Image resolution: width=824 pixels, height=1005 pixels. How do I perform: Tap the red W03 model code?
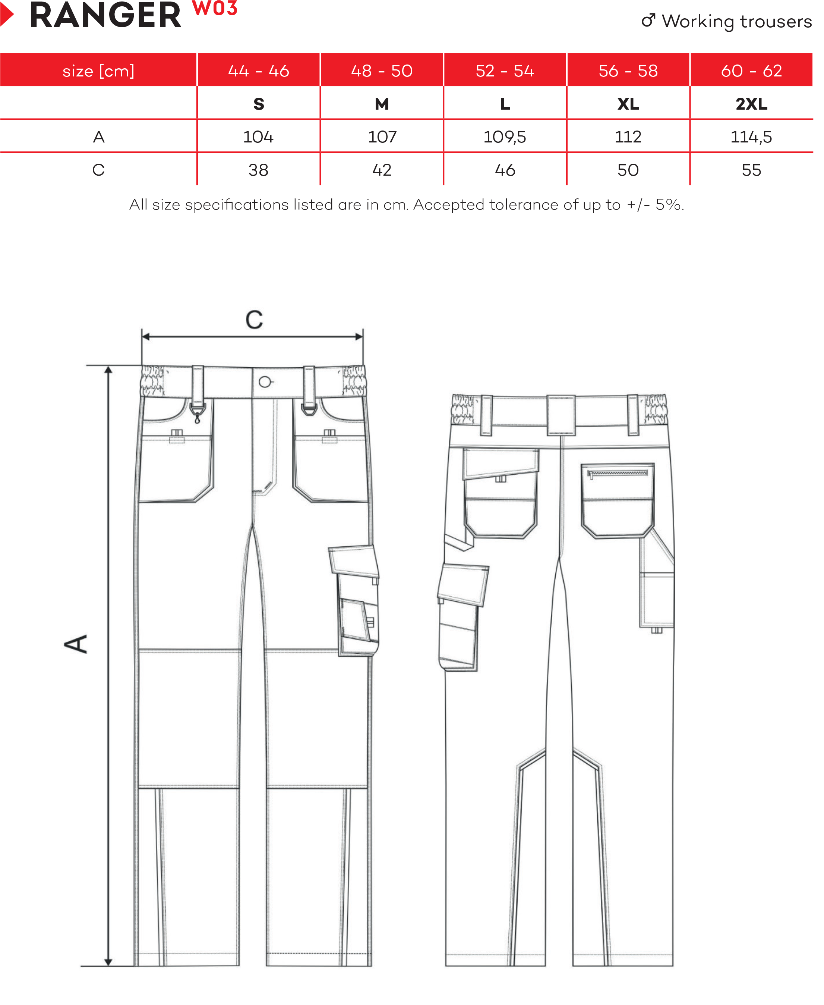click(x=215, y=9)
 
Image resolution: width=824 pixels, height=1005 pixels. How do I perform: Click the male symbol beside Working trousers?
click(x=648, y=21)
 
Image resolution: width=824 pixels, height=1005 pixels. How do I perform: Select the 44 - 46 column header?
click(x=259, y=71)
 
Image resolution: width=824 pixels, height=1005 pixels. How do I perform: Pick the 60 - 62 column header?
click(x=751, y=71)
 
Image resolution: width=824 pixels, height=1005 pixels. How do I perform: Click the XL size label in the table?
click(x=628, y=104)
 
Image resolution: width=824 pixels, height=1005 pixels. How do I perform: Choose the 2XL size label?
click(x=751, y=104)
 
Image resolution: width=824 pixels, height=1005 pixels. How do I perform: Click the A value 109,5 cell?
click(x=505, y=137)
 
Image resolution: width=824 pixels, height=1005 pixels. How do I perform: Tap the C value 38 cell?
click(x=258, y=170)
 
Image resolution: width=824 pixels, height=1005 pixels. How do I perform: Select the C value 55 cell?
click(x=751, y=170)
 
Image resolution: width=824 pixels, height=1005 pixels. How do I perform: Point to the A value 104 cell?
click(x=258, y=137)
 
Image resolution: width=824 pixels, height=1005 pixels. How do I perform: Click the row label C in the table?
click(x=98, y=170)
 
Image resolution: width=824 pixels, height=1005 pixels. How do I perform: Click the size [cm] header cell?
click(x=98, y=71)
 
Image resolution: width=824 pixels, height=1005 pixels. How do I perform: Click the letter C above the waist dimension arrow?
click(x=254, y=319)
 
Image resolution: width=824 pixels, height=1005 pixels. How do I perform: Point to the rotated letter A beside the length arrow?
click(x=76, y=644)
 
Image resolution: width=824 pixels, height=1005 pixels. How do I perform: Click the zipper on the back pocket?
click(x=617, y=473)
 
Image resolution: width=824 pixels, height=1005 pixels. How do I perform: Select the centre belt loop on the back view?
click(x=561, y=415)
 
